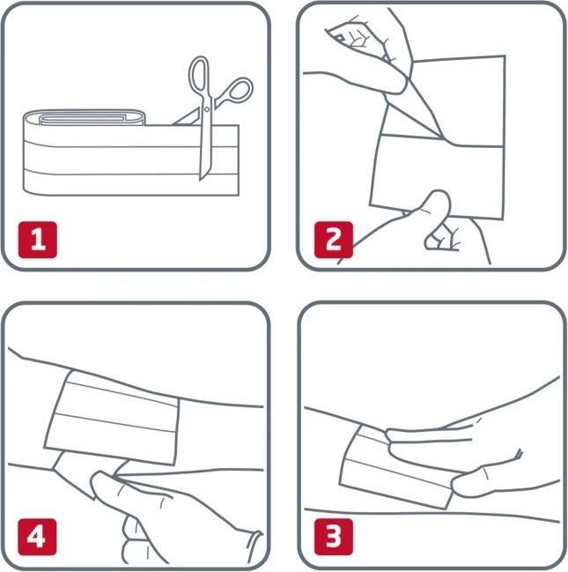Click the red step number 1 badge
(x=38, y=240)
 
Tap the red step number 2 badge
(x=334, y=240)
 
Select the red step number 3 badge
(x=334, y=537)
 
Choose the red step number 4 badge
(x=38, y=537)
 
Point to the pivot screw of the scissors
(x=207, y=109)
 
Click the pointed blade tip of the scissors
(x=201, y=180)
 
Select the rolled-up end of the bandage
(x=85, y=117)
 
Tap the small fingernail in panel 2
(x=340, y=37)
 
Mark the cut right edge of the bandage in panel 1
(x=239, y=160)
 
